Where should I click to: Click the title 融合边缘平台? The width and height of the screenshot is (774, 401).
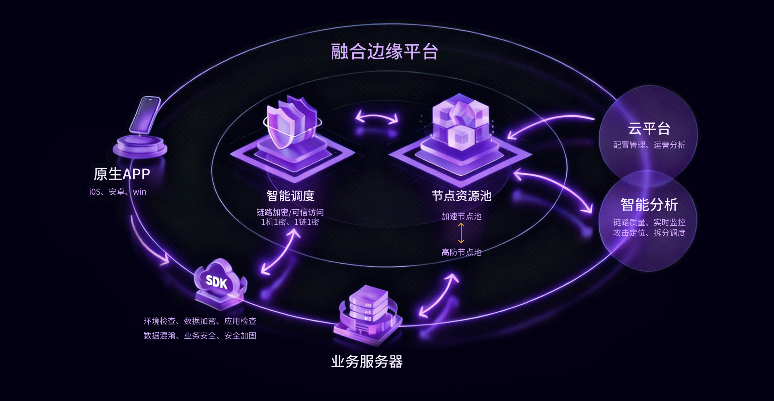(x=384, y=52)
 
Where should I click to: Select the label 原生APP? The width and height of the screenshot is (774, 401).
(x=122, y=174)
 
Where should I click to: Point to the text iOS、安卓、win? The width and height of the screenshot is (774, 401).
(x=118, y=192)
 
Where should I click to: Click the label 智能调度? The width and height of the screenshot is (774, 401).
(x=290, y=196)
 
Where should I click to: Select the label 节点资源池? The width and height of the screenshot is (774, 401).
(x=462, y=196)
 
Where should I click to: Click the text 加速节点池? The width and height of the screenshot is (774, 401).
(x=461, y=216)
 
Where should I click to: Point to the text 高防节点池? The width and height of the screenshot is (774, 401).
(x=461, y=252)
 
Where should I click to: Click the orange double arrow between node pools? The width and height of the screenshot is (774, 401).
(x=461, y=233)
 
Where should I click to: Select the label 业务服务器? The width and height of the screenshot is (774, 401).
(x=367, y=362)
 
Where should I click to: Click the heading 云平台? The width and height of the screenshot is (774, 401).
(x=649, y=129)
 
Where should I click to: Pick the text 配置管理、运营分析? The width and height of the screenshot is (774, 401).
(x=649, y=145)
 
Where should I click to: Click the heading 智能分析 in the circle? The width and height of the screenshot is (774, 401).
(x=649, y=205)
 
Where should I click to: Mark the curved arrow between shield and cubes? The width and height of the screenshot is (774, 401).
(x=377, y=118)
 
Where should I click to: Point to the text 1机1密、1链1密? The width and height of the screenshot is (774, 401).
(x=290, y=222)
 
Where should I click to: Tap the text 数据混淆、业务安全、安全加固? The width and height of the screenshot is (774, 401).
(x=200, y=336)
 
